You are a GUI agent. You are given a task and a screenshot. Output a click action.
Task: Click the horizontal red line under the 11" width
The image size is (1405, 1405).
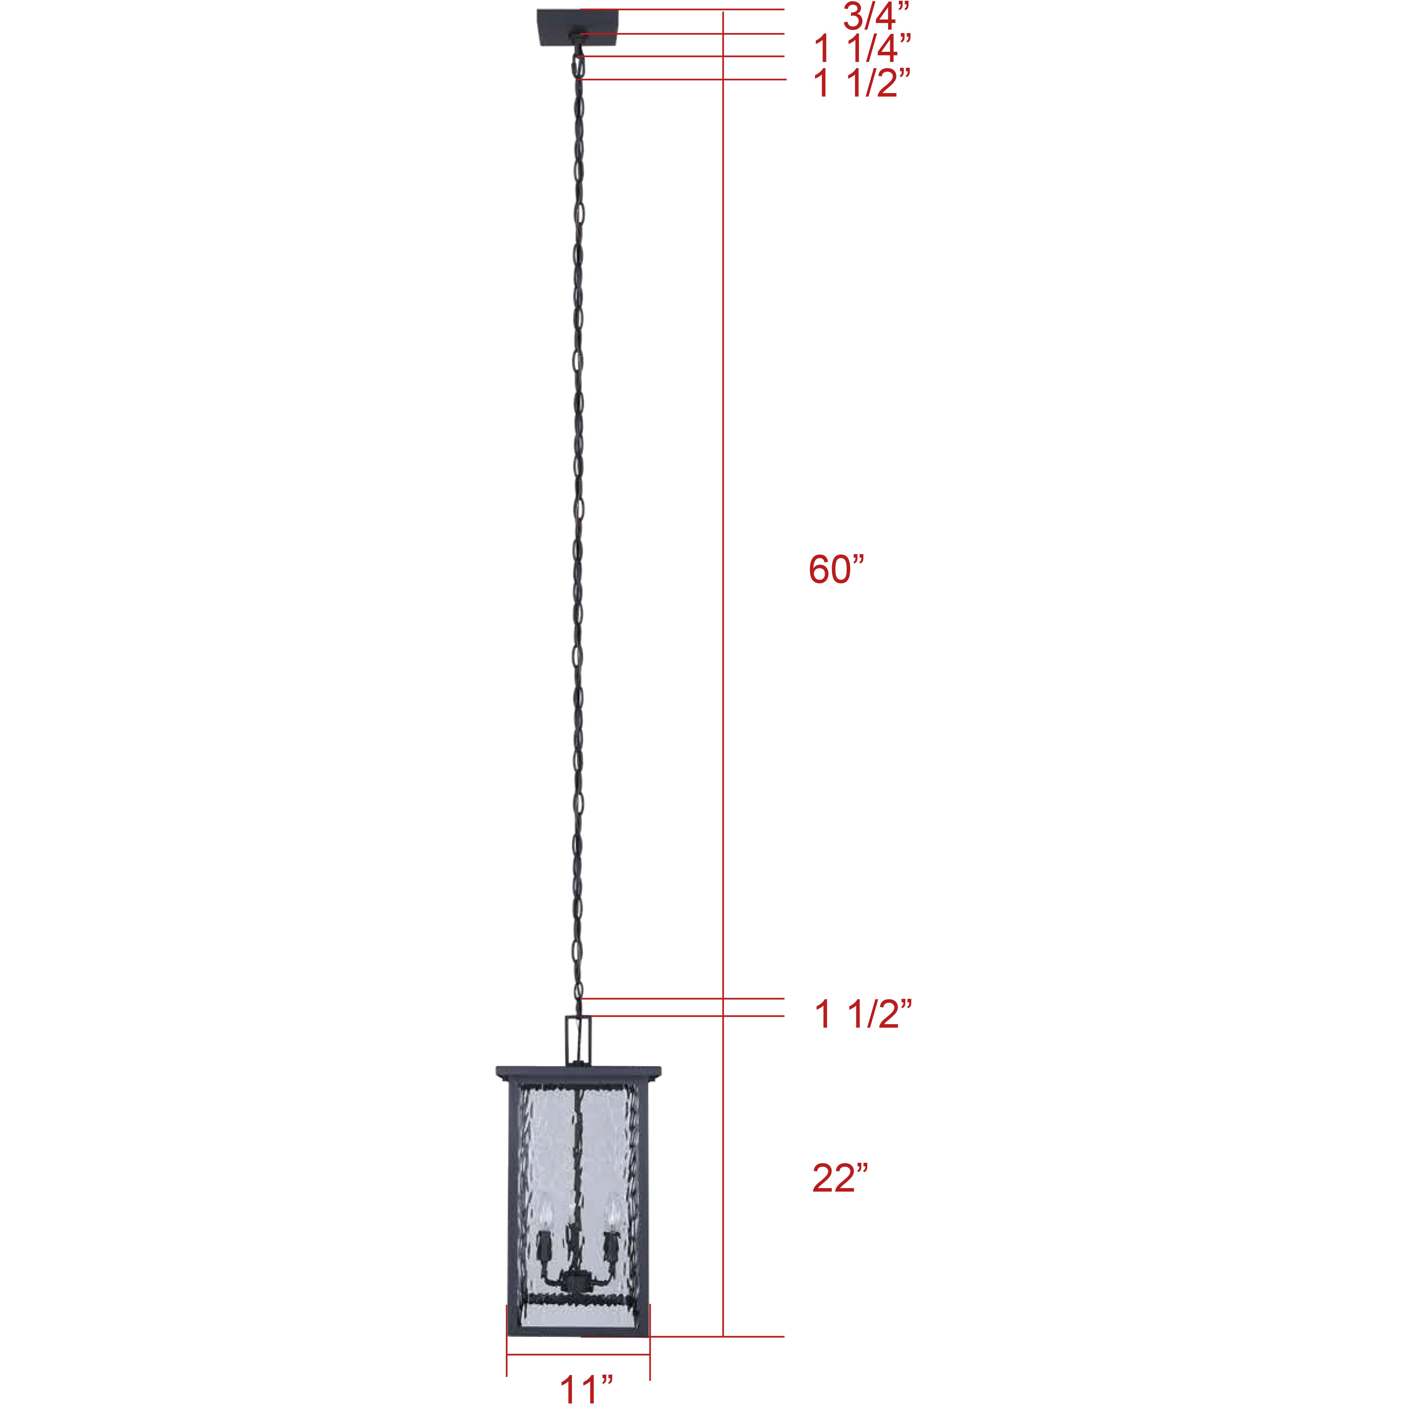pyautogui.click(x=578, y=1354)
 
